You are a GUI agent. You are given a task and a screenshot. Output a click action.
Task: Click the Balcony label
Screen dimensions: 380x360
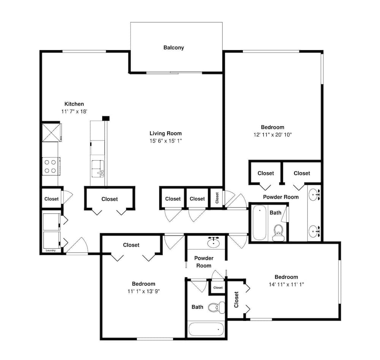point(174,47)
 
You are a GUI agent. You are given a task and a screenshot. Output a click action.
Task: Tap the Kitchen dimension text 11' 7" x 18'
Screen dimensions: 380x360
point(74,111)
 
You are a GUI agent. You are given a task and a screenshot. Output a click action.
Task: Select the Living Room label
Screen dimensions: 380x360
point(166,133)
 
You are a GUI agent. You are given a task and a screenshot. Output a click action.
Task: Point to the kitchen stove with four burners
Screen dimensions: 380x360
point(51,166)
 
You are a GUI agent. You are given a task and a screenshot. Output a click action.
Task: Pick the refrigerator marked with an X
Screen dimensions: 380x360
point(51,133)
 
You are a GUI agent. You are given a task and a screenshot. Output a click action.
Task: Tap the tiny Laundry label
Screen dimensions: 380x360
point(51,251)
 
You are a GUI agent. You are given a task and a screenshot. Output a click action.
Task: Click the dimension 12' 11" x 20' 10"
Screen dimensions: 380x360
point(272,135)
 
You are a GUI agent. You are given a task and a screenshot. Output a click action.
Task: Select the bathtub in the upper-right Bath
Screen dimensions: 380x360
point(259,223)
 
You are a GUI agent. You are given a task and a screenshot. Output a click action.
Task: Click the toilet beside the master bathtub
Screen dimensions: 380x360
point(279,232)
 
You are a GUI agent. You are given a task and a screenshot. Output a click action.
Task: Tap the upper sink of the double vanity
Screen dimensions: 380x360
point(315,194)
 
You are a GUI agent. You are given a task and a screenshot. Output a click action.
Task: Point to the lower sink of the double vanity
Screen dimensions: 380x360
point(315,231)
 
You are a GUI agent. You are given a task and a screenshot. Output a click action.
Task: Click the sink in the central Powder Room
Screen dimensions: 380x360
point(214,242)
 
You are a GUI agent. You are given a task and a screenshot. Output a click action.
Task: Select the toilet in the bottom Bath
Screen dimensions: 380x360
point(217,308)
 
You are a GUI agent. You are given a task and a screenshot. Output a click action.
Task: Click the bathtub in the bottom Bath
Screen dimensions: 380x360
point(206,329)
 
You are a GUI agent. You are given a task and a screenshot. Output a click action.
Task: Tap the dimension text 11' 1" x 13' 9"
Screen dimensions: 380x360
point(144,291)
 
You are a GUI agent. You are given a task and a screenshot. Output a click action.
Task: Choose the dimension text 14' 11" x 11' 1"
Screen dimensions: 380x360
point(286,284)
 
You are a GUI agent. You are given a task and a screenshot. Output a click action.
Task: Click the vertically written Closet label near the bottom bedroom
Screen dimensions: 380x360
point(236,300)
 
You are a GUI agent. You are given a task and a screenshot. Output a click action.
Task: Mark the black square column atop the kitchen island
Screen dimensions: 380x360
point(106,118)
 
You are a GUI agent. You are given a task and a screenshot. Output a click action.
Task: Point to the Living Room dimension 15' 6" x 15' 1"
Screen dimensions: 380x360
point(166,141)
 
